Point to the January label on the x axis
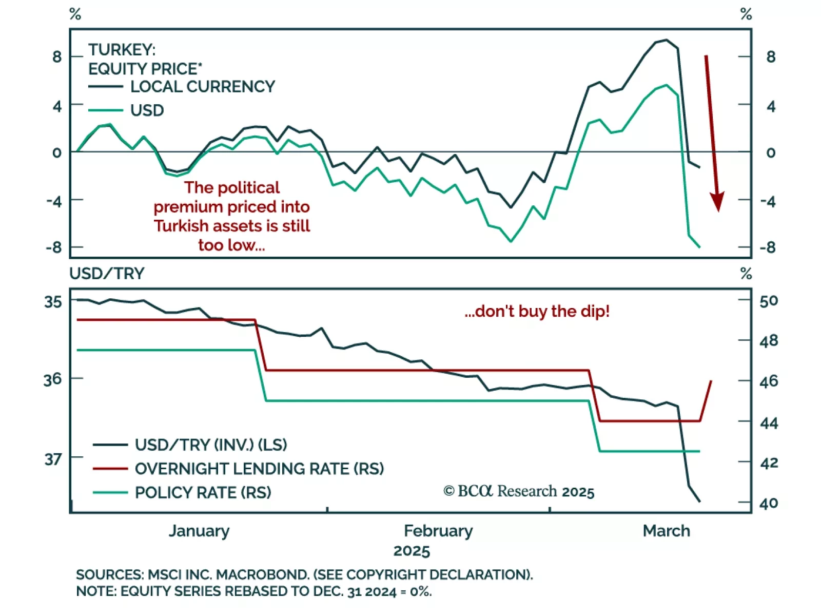[199, 531]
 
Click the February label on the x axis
[438, 531]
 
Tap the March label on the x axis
[666, 531]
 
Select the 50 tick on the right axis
[769, 301]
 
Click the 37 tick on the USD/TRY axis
[53, 458]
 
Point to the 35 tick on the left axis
[53, 302]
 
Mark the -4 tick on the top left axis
[54, 201]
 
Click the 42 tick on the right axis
[769, 463]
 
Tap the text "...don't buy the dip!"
[537, 312]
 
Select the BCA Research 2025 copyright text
[519, 491]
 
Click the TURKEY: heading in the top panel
[122, 50]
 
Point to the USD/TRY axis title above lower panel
[107, 274]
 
